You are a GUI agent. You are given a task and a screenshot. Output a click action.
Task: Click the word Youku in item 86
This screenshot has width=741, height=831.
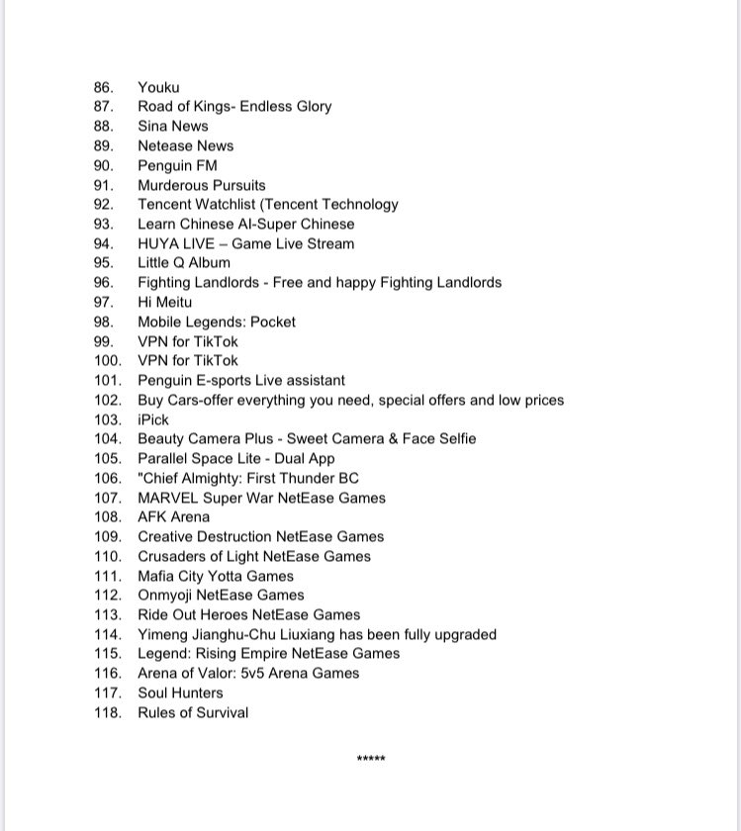tap(158, 87)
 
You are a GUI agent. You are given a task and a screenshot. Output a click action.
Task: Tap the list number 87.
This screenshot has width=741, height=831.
tap(104, 107)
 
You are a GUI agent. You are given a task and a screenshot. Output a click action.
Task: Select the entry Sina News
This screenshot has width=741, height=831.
tap(172, 127)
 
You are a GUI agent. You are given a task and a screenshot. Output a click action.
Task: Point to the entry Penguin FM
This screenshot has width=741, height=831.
tap(177, 165)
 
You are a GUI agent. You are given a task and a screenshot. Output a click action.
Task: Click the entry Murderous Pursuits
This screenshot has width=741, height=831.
tap(201, 185)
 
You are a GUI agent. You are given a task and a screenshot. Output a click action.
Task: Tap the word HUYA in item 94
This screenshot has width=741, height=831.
tap(157, 243)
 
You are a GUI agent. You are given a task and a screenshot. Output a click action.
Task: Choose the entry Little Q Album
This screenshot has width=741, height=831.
tap(183, 263)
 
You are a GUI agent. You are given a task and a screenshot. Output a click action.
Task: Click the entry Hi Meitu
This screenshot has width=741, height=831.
tap(164, 302)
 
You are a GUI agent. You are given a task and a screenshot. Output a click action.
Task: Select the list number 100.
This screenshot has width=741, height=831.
tap(108, 361)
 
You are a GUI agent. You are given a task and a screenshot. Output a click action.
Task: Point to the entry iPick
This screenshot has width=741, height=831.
tap(153, 419)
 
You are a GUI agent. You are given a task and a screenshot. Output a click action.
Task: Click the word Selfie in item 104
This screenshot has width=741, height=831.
tap(452, 439)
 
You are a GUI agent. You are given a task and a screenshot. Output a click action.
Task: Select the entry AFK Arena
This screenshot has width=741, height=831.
tap(173, 517)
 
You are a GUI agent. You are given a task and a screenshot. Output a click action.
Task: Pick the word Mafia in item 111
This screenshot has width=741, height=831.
tap(156, 576)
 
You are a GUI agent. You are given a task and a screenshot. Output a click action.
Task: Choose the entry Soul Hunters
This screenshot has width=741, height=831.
tap(180, 693)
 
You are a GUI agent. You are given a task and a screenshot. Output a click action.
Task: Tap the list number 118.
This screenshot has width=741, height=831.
tap(108, 713)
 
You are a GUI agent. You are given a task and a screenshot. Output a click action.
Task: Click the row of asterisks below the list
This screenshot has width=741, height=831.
tap(371, 760)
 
